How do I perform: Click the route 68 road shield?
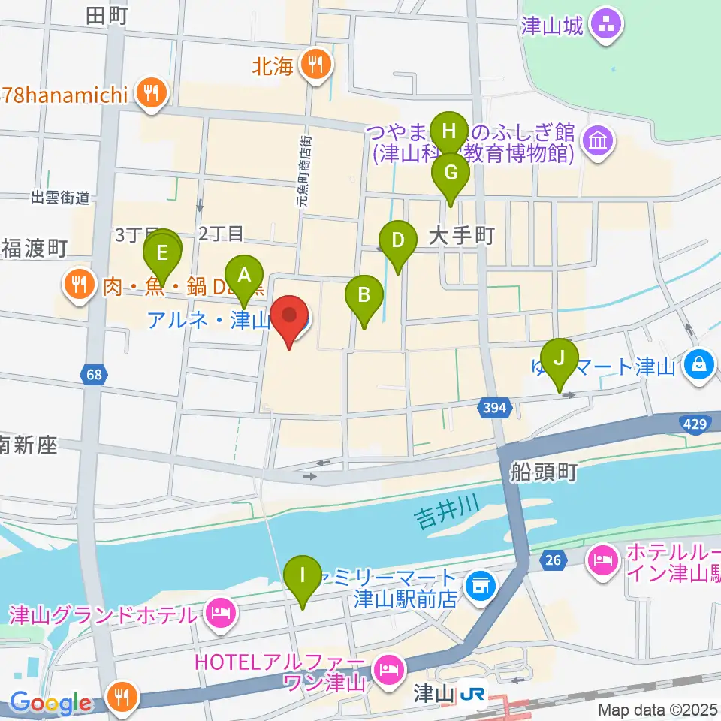91,374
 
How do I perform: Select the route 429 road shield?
695,425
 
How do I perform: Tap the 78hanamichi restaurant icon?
152,94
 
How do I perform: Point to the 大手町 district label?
461,237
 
